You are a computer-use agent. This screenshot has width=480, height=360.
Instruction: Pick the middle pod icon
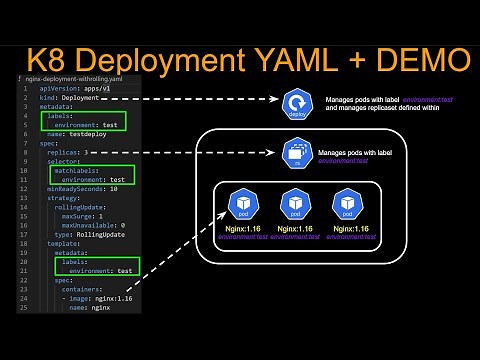click(295, 203)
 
